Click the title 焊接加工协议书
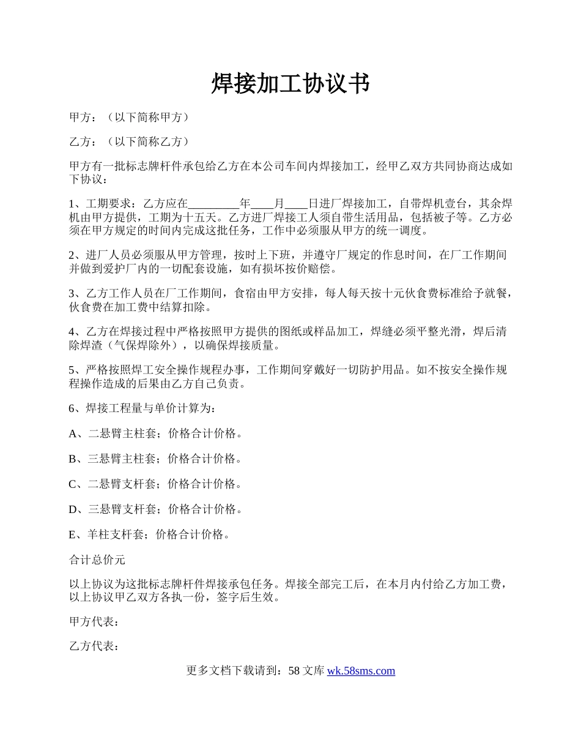290,84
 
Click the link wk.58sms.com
361,671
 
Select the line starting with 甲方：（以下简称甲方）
129,117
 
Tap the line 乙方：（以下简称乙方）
129,142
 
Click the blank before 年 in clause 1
213,204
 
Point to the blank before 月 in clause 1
262,204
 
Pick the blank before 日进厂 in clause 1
297,204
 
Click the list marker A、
78,434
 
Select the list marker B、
78,459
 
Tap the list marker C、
78,484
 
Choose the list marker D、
78,509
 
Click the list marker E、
77,534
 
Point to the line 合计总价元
97,560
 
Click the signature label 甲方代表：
94,622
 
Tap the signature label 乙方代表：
94,647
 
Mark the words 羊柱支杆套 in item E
116,534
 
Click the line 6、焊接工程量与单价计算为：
142,408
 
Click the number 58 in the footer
294,671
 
